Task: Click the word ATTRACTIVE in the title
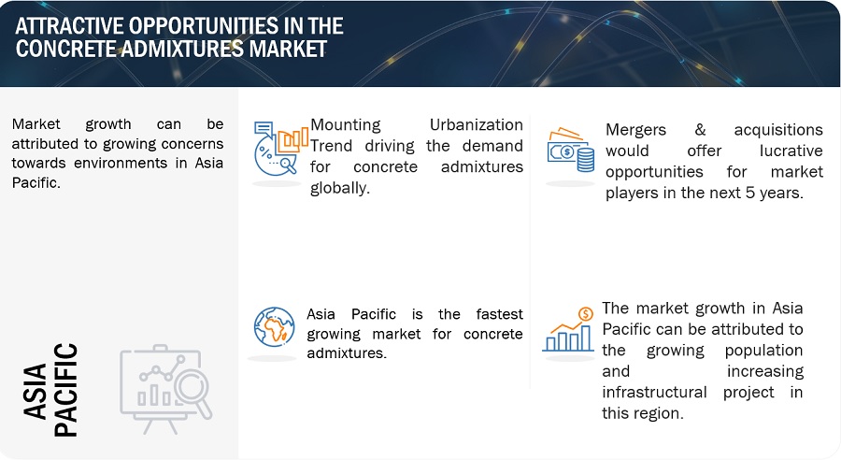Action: click(68, 26)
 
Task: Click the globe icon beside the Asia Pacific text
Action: click(274, 327)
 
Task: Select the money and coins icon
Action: click(571, 150)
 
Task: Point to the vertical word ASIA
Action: click(35, 391)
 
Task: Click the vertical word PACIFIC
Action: click(66, 390)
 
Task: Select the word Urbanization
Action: click(477, 124)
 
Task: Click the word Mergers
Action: click(635, 130)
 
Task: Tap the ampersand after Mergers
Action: click(700, 129)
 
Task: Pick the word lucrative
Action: click(791, 151)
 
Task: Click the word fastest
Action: click(499, 314)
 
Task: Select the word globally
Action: click(340, 189)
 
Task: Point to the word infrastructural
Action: click(654, 393)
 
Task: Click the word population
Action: click(763, 351)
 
